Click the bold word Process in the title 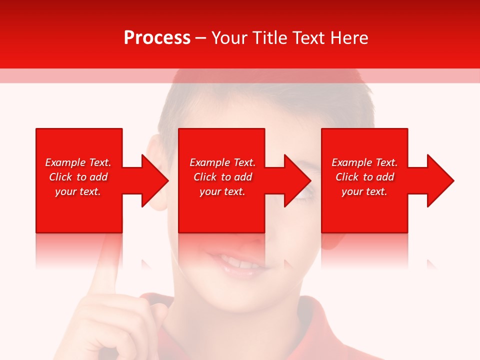(x=157, y=37)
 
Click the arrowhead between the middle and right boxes (x=297, y=180)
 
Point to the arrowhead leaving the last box (x=439, y=180)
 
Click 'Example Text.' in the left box (x=78, y=162)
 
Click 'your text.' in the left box (x=78, y=191)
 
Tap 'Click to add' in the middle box (x=222, y=177)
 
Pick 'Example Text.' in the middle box (x=222, y=162)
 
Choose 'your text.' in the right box (x=364, y=191)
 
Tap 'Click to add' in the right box (x=364, y=177)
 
